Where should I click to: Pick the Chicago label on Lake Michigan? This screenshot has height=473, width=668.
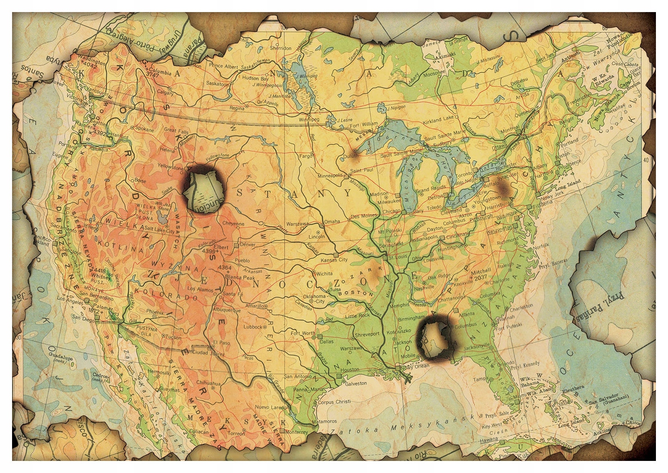(392, 211)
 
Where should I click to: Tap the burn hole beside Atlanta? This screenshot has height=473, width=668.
(437, 337)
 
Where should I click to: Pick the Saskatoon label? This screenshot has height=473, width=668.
(217, 83)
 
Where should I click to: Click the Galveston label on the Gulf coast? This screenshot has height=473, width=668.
(356, 383)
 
